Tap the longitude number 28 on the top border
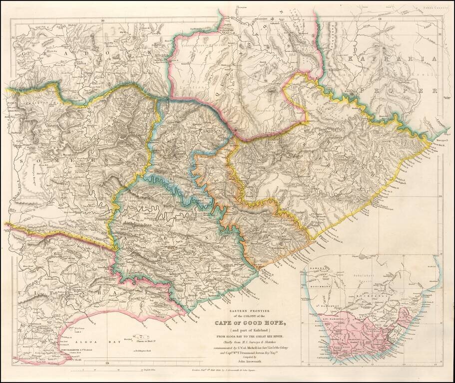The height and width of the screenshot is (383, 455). click(380, 19)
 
